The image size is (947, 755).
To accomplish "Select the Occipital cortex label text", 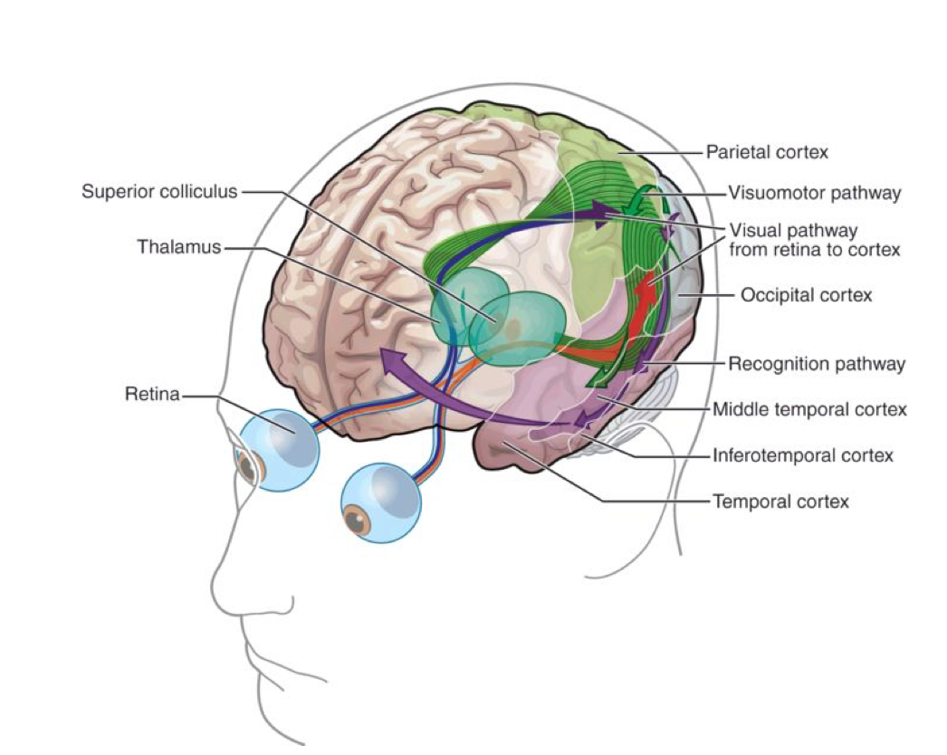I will (x=806, y=295).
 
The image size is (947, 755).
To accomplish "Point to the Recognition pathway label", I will (x=817, y=364).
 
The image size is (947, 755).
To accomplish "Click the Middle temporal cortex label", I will (x=809, y=409).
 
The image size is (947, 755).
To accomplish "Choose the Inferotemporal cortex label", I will (x=802, y=454).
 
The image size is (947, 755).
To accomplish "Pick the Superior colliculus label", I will (x=159, y=192).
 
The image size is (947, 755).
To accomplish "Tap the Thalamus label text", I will (x=179, y=247).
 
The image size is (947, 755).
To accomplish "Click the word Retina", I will (x=153, y=395).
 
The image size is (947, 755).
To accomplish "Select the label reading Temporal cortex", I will (x=781, y=500).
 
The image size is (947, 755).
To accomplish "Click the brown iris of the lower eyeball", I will (x=358, y=521).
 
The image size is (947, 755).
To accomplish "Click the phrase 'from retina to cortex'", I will (x=814, y=249).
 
